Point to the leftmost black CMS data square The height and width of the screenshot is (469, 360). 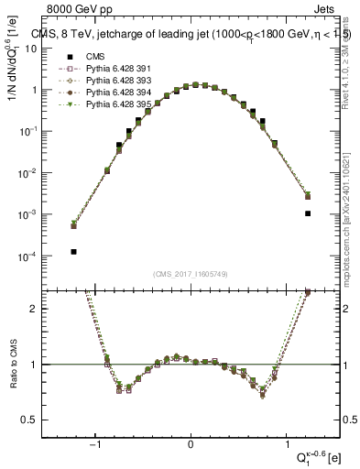pyautogui.click(x=72, y=251)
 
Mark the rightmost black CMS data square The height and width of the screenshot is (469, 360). pyautogui.click(x=308, y=213)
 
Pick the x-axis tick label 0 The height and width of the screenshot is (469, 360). pyautogui.click(x=191, y=444)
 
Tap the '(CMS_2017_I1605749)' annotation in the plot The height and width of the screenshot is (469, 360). pyautogui.click(x=191, y=274)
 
